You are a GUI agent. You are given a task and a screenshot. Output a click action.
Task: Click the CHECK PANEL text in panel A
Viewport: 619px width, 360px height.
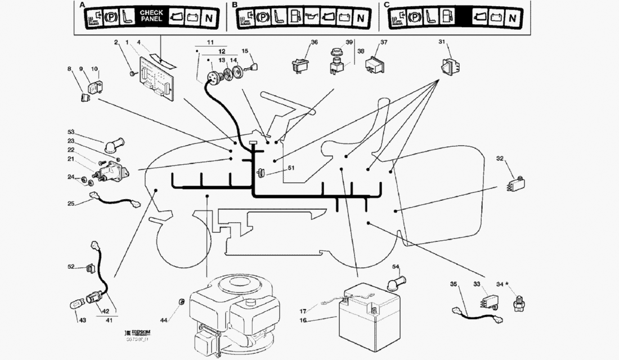tap(151, 15)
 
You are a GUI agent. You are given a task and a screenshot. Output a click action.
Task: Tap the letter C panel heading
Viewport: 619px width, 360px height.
tap(386, 4)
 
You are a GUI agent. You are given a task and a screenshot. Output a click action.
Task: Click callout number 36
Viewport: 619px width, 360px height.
tap(315, 42)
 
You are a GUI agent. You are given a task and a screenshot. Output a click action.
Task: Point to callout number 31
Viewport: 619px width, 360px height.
tap(442, 42)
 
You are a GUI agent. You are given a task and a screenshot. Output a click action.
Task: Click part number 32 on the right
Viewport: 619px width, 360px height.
tap(500, 159)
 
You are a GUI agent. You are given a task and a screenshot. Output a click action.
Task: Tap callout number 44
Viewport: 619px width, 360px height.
tap(163, 320)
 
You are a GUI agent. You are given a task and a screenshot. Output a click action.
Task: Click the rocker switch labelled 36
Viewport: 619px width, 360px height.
tap(300, 65)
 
